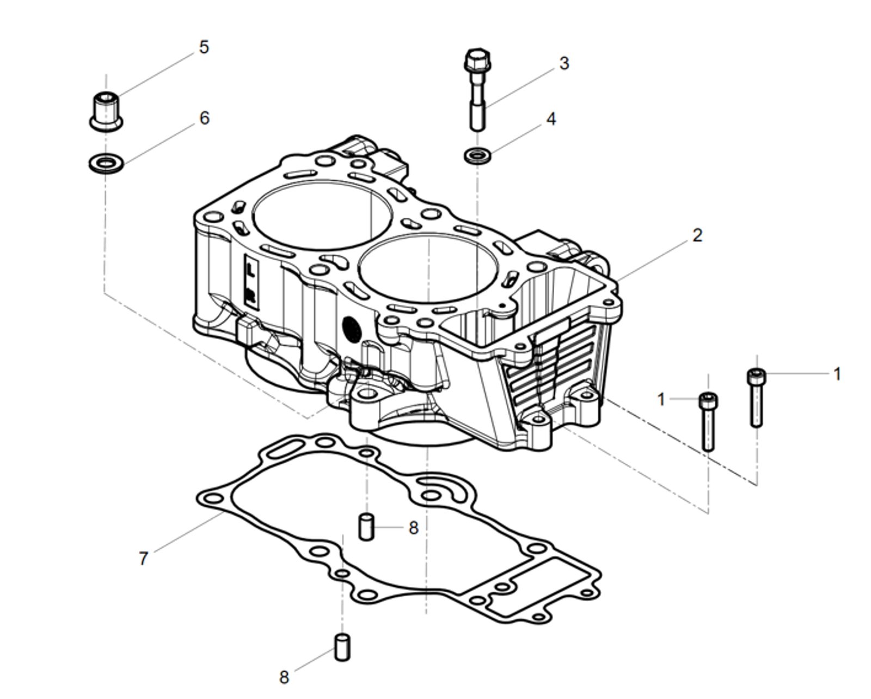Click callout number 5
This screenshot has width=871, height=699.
(x=204, y=47)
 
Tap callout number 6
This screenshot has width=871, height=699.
(x=204, y=118)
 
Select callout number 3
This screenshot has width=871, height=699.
(x=564, y=64)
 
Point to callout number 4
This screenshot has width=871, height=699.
(x=551, y=119)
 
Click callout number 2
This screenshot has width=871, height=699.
(x=697, y=236)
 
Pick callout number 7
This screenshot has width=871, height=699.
(x=143, y=558)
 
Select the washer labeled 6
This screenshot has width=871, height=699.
(x=106, y=162)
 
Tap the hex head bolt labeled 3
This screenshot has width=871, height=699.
(x=477, y=90)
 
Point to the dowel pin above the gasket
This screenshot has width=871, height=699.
(x=366, y=526)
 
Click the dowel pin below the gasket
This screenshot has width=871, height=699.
(x=342, y=647)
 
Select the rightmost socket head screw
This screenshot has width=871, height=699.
(x=756, y=397)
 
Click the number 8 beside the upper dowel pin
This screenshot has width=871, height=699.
(x=413, y=528)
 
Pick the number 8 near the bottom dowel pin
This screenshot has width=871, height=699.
(x=284, y=678)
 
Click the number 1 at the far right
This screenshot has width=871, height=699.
(x=837, y=375)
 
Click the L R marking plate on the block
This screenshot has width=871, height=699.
(x=250, y=281)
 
